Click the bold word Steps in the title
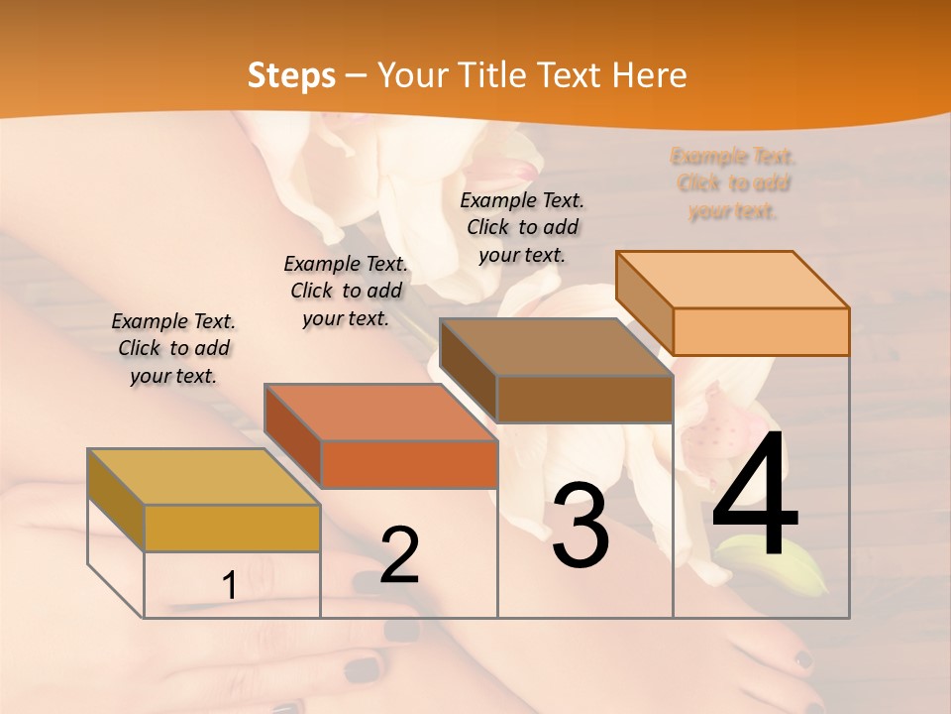point(291,75)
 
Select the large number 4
point(755,496)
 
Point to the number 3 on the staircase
point(581,526)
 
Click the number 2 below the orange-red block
point(399,556)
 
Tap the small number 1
point(230,586)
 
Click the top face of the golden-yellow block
point(203,477)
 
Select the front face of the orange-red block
point(409,464)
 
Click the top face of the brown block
point(555,348)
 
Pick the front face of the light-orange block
point(761,331)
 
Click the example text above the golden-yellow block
point(173,348)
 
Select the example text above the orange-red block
point(346,291)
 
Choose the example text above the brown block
point(522,227)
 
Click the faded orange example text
point(733,183)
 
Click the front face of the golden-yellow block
point(232,528)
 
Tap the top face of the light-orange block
point(732,280)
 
